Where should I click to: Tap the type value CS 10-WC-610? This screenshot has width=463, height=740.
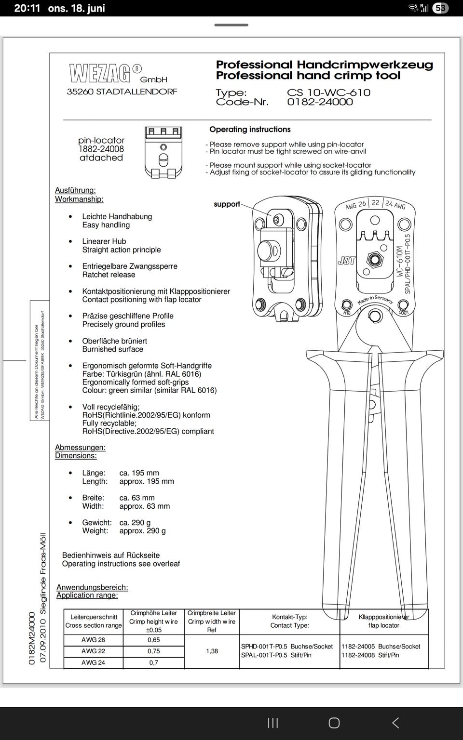328,92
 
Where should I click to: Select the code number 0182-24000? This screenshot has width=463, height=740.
320,102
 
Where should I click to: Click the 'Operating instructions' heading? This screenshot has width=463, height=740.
250,130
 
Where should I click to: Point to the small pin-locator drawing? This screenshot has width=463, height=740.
163,152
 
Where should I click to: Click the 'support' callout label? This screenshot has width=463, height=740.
227,204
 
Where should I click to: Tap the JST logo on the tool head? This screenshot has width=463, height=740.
346,261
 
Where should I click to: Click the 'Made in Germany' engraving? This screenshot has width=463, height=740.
375,300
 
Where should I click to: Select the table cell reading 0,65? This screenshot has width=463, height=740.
153,640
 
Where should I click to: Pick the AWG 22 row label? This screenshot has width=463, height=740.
93,651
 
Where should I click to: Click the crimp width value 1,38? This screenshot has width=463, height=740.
212,651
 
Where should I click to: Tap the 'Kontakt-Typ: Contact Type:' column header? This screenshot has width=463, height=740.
289,621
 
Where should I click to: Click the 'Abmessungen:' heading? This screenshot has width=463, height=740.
80,448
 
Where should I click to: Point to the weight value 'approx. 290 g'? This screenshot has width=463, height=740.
142,531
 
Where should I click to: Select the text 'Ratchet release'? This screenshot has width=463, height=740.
109,275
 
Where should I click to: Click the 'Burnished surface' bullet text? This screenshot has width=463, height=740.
112,349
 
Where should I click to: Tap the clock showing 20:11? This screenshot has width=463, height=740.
27,8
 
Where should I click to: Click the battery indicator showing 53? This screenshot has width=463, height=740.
440,8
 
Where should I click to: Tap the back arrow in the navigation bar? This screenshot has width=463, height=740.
395,723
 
